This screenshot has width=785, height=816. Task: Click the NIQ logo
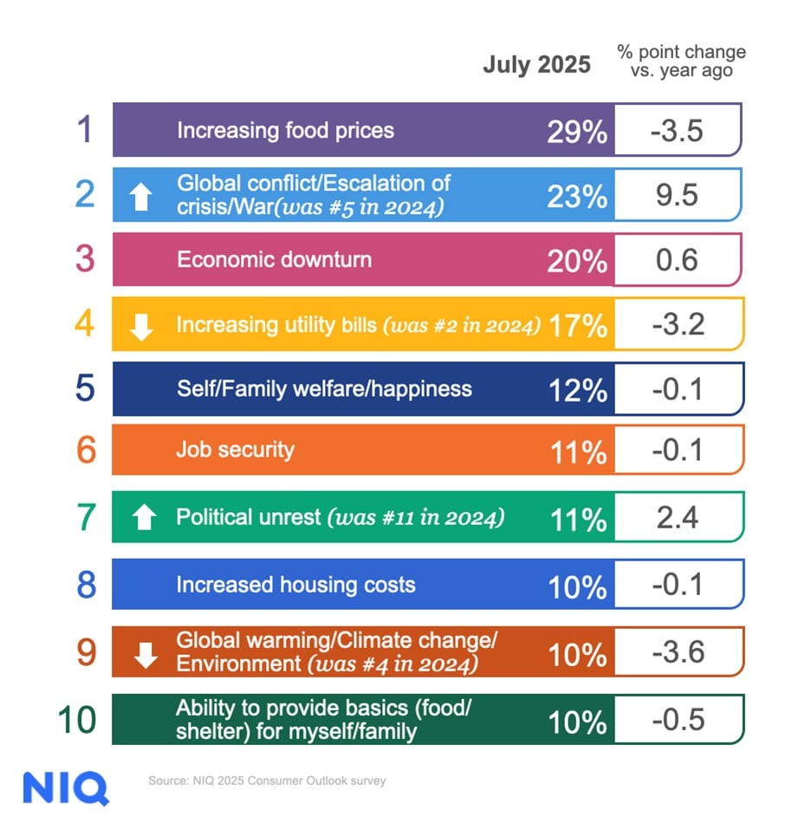click(x=66, y=787)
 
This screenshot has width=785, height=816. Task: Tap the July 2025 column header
click(x=536, y=64)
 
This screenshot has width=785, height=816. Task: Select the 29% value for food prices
click(x=577, y=131)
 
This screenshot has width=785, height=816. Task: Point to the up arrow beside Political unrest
click(x=145, y=518)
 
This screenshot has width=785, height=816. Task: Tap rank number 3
click(x=84, y=259)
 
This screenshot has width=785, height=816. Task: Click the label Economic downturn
click(x=274, y=259)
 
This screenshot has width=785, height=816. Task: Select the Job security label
click(x=235, y=450)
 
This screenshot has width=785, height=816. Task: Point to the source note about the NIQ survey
click(x=266, y=780)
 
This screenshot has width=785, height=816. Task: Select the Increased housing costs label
click(x=295, y=585)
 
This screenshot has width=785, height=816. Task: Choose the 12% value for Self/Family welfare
click(x=577, y=390)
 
